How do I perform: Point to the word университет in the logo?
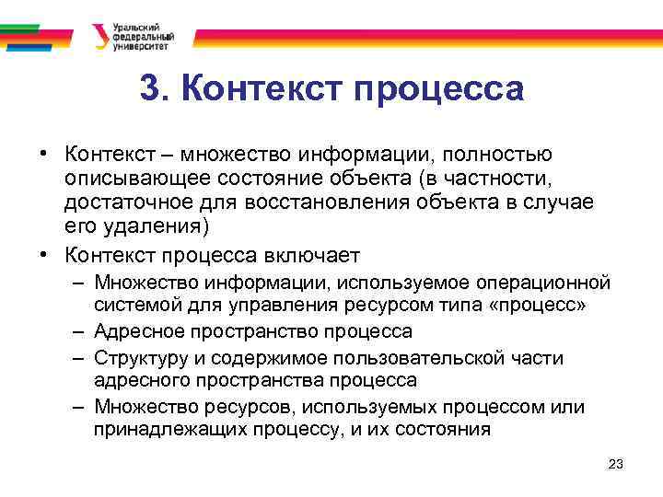point(139,46)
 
